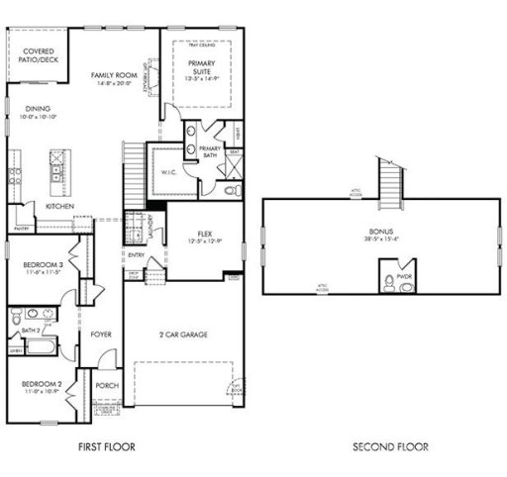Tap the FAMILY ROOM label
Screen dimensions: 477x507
pos(113,75)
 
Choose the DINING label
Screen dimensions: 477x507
pos(39,110)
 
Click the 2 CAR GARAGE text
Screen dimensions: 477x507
pos(184,334)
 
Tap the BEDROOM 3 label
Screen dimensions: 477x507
pos(44,264)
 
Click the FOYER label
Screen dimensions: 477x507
pos(102,334)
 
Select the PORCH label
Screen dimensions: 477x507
pos(106,386)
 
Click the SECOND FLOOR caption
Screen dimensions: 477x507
pos(390,447)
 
